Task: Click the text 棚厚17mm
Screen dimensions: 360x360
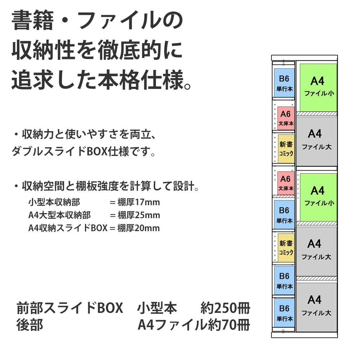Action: (139, 202)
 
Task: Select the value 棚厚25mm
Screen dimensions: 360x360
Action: (139, 215)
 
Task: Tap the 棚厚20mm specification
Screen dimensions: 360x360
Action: (139, 228)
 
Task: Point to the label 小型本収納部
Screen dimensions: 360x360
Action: (54, 202)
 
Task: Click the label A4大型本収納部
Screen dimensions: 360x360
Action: (59, 215)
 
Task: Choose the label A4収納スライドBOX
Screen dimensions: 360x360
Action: (68, 228)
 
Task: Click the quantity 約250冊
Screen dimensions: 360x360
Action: (225, 309)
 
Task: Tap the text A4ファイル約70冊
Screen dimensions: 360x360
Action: (194, 325)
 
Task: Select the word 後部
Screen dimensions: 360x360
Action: (30, 325)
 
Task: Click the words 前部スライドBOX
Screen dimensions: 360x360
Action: (70, 309)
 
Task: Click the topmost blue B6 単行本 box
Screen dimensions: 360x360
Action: (284, 83)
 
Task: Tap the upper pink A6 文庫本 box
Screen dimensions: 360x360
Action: (286, 118)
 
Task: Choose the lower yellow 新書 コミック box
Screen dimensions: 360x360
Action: (286, 248)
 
